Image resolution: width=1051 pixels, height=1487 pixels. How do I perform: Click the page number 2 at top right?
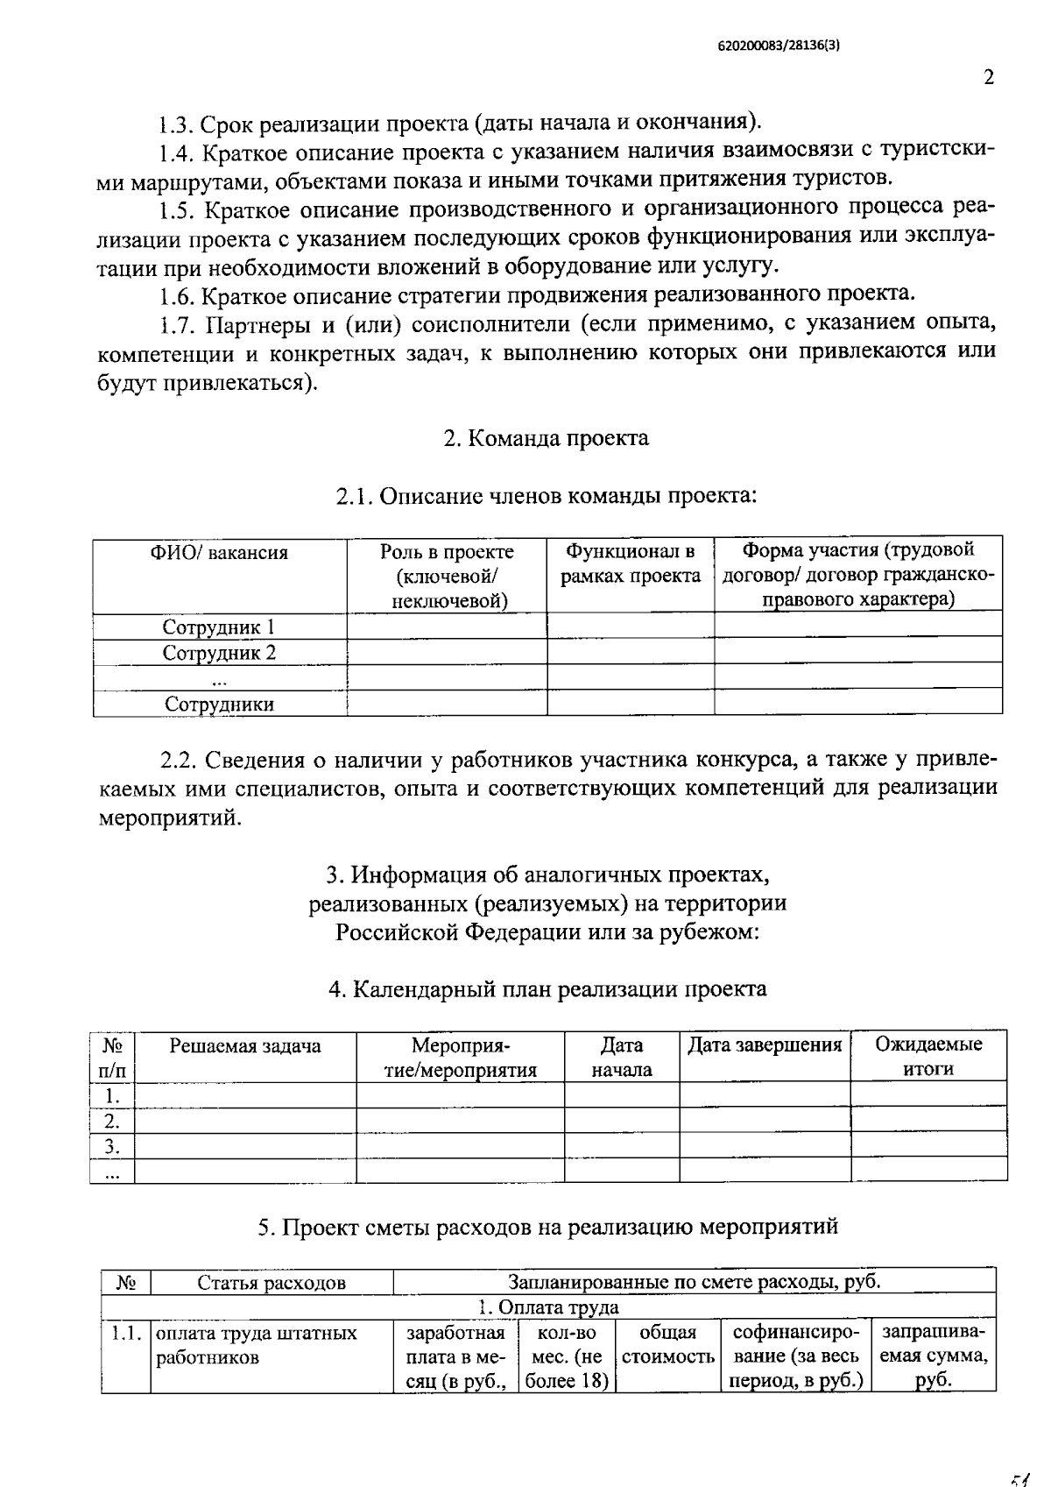[x=989, y=77]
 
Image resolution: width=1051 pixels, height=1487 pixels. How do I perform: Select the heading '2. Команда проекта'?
[x=546, y=438]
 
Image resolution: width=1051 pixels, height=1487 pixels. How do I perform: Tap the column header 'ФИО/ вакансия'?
[x=219, y=552]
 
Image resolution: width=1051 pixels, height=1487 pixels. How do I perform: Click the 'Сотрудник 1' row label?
[x=219, y=627]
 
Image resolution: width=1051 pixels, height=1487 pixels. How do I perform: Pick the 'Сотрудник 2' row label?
[x=219, y=653]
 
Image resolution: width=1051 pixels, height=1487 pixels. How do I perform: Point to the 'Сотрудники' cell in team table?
[x=219, y=705]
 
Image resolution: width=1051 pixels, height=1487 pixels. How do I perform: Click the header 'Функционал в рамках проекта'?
[x=630, y=563]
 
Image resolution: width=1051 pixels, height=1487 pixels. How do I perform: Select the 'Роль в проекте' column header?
[x=447, y=576]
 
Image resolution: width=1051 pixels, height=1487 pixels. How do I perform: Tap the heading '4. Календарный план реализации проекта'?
[x=547, y=989]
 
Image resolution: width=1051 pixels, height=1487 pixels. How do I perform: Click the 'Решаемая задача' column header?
[x=244, y=1045]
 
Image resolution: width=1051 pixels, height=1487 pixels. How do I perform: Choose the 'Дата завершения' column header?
[x=764, y=1044]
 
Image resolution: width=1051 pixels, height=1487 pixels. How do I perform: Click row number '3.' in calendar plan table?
[x=111, y=1146]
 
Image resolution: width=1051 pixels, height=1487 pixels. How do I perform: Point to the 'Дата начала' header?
[x=621, y=1057]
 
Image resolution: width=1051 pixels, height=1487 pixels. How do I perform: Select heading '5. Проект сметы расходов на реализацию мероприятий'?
[x=547, y=1227]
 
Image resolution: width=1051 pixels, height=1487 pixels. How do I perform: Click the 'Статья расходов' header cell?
[x=272, y=1283]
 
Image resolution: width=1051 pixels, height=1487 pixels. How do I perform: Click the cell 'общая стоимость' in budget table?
[x=667, y=1345]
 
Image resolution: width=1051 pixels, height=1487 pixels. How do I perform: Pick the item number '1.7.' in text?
[x=180, y=325]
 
